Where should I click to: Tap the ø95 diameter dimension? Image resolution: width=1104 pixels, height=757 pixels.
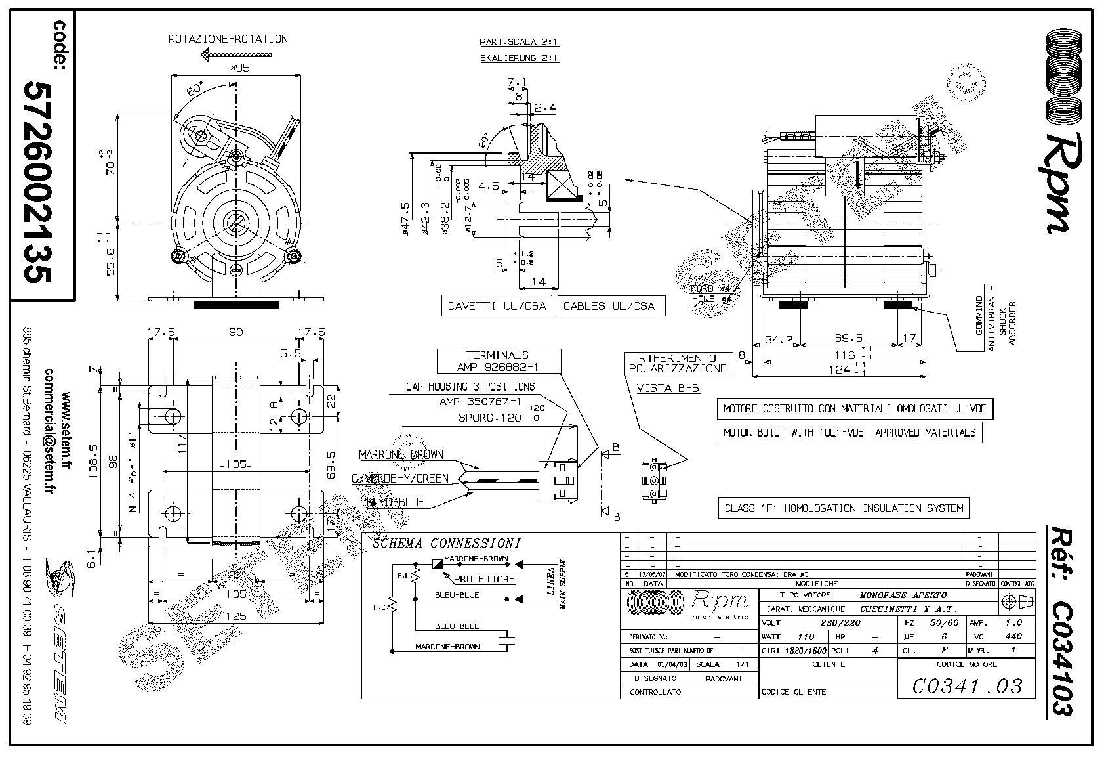click(x=239, y=68)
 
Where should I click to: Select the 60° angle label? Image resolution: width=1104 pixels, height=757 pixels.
click(x=195, y=89)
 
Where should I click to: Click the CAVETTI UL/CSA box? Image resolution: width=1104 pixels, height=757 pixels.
click(x=497, y=306)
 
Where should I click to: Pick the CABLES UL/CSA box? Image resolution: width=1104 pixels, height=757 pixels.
click(x=609, y=306)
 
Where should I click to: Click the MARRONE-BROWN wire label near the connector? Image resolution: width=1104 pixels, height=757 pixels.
click(x=401, y=454)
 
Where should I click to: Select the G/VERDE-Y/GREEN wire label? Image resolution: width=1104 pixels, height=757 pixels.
click(x=400, y=479)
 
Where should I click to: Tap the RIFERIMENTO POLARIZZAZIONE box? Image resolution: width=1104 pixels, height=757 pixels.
click(x=678, y=363)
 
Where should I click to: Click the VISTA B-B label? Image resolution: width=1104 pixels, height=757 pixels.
click(x=668, y=388)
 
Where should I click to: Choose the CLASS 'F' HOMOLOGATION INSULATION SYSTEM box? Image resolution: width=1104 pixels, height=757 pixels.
click(x=844, y=508)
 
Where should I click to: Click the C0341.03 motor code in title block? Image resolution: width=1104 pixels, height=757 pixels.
click(x=967, y=686)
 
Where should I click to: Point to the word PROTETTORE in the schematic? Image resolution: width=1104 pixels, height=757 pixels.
click(x=485, y=579)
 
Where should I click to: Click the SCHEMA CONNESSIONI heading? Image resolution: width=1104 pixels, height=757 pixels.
click(x=446, y=543)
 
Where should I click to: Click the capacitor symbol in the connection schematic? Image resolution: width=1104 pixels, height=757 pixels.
click(x=506, y=641)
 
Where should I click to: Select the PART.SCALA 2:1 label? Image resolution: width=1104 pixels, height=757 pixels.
click(x=519, y=42)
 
